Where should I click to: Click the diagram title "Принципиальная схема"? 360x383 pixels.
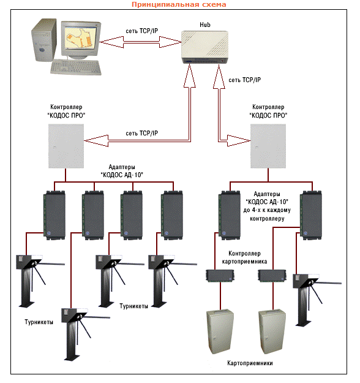tap(179, 4)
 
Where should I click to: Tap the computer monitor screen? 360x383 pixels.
tap(80, 37)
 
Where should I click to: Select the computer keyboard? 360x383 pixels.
tap(76, 67)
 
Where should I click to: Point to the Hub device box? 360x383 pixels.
tap(204, 47)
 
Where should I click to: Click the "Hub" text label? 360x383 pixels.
tap(205, 25)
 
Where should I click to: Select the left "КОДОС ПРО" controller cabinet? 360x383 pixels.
tap(66, 146)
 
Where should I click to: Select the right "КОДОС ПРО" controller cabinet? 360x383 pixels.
tap(268, 146)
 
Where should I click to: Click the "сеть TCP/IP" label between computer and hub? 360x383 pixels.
tap(142, 31)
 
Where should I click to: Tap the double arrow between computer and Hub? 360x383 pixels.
tap(140, 42)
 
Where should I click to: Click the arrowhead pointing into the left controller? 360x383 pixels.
tap(96, 141)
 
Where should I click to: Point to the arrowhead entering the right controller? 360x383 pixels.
tap(239, 141)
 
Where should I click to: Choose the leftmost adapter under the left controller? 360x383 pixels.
tap(54, 215)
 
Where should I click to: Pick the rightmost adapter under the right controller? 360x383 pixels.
tap(310, 215)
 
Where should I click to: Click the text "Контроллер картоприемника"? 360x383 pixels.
tap(244, 257)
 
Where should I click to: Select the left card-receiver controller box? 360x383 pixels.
tap(220, 276)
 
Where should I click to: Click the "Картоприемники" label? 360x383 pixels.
tap(250, 363)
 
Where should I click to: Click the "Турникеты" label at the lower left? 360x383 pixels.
tap(39, 322)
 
